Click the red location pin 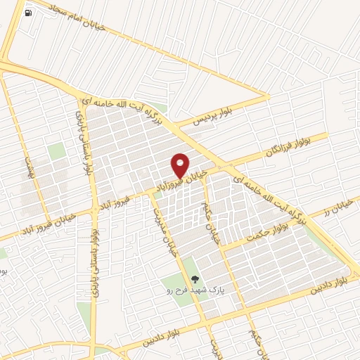coord(181,165)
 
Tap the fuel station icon coord(27,13)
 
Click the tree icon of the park coord(195,279)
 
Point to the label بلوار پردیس coord(193,118)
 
